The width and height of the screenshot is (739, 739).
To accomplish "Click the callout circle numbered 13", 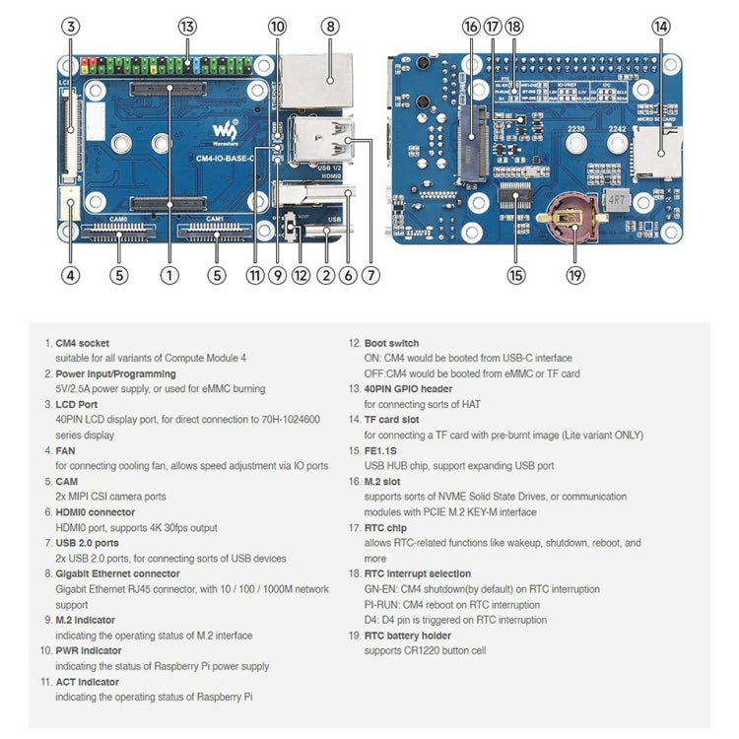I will pyautogui.click(x=187, y=27).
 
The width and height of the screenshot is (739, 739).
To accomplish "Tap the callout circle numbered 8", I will pyautogui.click(x=330, y=27).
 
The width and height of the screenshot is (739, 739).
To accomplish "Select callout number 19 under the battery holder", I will pyautogui.click(x=575, y=276).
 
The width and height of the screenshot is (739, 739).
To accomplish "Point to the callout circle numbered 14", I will pyautogui.click(x=659, y=27).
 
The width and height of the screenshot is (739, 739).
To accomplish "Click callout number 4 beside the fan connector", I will pyautogui.click(x=70, y=276).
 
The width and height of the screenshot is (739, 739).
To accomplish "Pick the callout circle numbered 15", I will pyautogui.click(x=516, y=276).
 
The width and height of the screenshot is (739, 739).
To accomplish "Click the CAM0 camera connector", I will pyautogui.click(x=119, y=234).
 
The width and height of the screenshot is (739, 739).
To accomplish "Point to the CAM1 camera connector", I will pyautogui.click(x=216, y=234).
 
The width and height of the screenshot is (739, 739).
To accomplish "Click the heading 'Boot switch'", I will pyautogui.click(x=391, y=343).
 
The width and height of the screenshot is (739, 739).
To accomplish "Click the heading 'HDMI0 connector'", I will pyautogui.click(x=96, y=512).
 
